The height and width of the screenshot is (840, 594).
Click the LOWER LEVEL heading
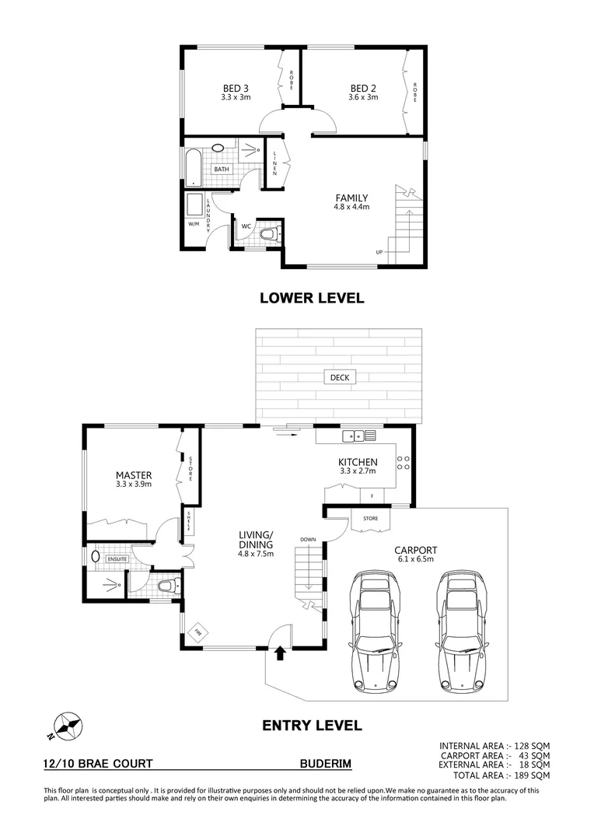pos(312,298)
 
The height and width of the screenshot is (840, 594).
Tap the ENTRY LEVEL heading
pos(311,726)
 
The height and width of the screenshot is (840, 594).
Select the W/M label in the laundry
pos(193,224)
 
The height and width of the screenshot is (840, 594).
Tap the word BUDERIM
pos(326,765)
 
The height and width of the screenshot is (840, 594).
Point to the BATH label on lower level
pos(222,169)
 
